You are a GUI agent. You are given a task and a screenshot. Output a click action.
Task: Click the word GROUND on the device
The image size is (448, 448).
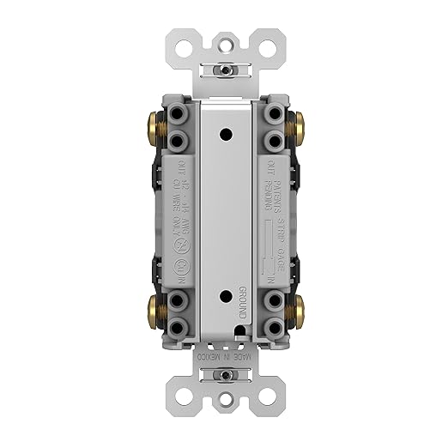[244, 301]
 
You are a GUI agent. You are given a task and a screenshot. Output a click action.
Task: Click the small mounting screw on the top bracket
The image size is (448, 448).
[224, 67]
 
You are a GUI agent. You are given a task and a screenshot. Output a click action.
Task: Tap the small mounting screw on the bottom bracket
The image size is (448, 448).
[224, 376]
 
